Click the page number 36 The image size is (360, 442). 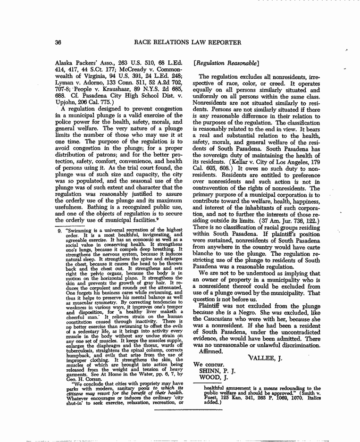[59, 42]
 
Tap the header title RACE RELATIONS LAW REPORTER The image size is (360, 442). [188, 42]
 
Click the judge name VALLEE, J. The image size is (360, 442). [265, 345]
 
